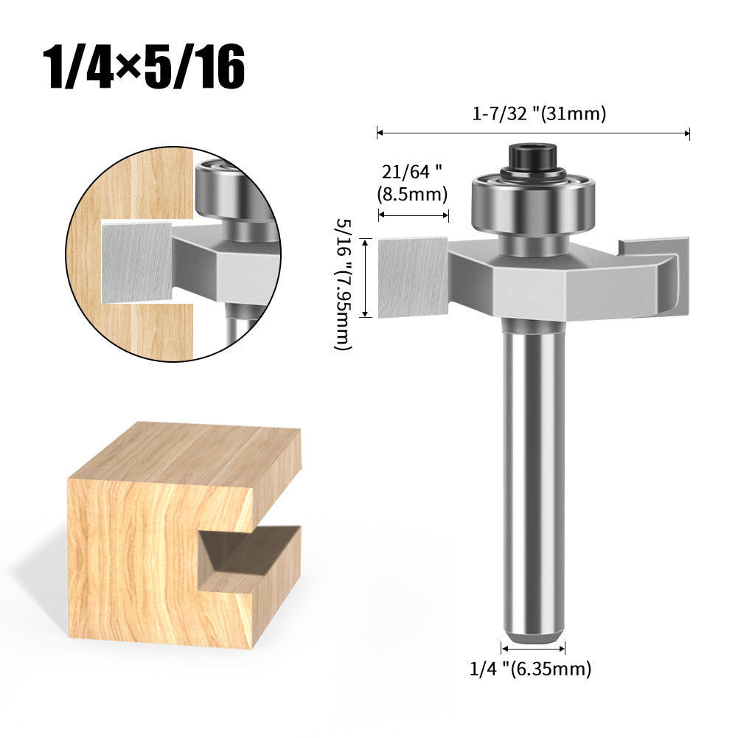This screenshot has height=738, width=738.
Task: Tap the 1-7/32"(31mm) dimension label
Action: click(x=539, y=114)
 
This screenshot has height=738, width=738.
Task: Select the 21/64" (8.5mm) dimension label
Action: click(x=414, y=183)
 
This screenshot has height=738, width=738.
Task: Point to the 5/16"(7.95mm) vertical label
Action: click(x=344, y=283)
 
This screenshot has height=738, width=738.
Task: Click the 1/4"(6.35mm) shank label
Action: click(x=530, y=669)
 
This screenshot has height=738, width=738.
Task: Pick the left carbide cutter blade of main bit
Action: click(x=413, y=276)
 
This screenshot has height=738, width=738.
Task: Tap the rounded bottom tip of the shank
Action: click(x=532, y=631)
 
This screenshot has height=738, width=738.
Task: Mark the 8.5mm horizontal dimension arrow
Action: click(x=414, y=215)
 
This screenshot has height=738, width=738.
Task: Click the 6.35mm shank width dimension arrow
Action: click(x=532, y=648)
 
